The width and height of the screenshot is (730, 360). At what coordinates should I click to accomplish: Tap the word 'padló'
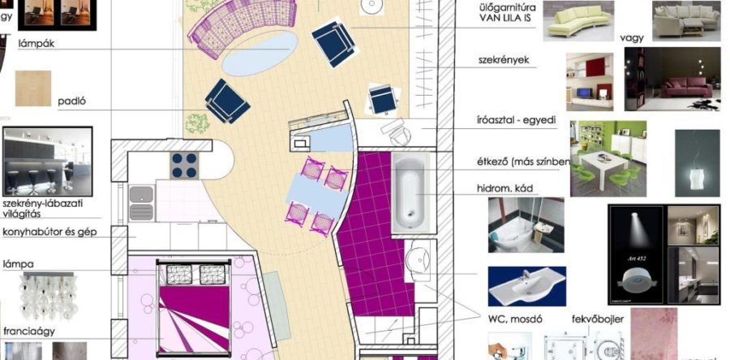tap(72, 102)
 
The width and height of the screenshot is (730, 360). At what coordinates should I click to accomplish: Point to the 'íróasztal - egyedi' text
tap(516, 121)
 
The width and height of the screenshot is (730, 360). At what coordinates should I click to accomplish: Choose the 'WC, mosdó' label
tap(515, 319)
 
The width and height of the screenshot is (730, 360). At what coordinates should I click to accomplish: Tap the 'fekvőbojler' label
tap(598, 319)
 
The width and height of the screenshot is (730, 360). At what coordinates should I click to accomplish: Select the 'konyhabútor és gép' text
tap(51, 231)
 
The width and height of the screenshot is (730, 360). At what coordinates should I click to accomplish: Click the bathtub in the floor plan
tap(415, 187)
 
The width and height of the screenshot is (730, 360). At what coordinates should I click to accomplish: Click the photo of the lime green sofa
tap(576, 21)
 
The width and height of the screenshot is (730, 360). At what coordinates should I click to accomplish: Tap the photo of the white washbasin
tap(526, 285)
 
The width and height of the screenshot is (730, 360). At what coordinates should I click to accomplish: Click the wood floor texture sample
tap(32, 88)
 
